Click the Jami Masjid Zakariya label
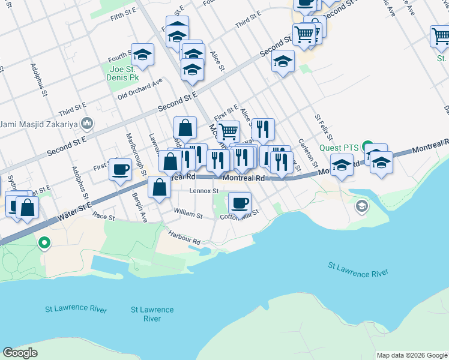(x=40, y=124)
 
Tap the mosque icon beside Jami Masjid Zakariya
(x=88, y=124)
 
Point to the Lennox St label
(x=203, y=191)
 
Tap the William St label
(x=188, y=213)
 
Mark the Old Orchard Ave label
(x=140, y=89)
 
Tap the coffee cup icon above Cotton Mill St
(x=240, y=202)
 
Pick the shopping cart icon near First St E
(x=228, y=130)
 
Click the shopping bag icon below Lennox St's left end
(x=159, y=187)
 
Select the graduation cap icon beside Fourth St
(x=142, y=55)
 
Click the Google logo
(x=20, y=352)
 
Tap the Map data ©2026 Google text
(x=411, y=355)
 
